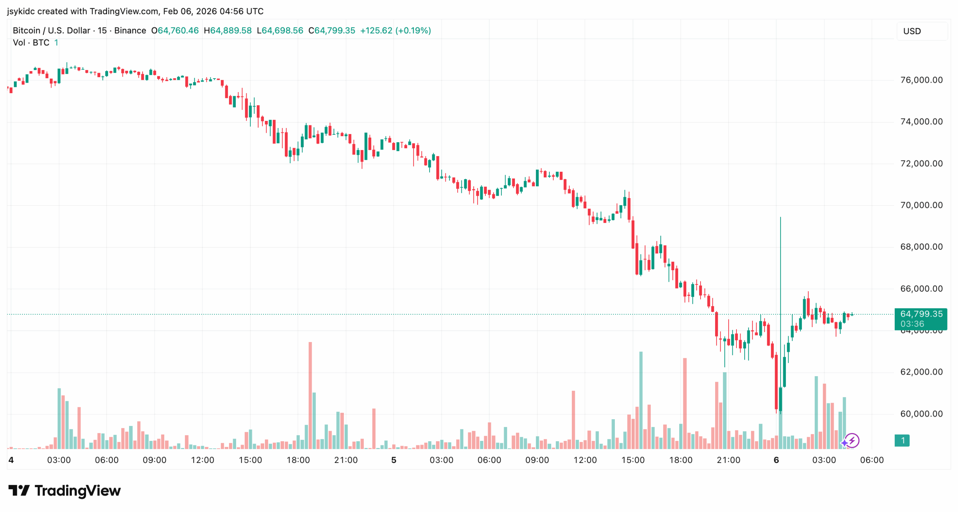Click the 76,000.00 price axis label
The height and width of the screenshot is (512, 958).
click(x=921, y=80)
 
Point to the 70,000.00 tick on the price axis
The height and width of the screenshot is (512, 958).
click(x=921, y=205)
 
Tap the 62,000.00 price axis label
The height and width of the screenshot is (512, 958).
click(x=921, y=372)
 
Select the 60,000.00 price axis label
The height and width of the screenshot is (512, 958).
click(x=921, y=414)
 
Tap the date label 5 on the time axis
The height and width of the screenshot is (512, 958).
click(x=394, y=460)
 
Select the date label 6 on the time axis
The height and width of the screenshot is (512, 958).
click(x=776, y=460)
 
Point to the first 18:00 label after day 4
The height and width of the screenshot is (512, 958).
click(x=298, y=460)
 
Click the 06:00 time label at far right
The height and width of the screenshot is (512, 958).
click(x=872, y=460)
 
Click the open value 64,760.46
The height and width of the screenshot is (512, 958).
click(x=178, y=31)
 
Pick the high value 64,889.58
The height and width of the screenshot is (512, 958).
click(x=231, y=31)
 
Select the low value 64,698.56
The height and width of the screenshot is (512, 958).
click(x=282, y=31)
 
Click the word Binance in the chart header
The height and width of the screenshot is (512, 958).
click(x=130, y=31)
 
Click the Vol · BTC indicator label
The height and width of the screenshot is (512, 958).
click(x=31, y=43)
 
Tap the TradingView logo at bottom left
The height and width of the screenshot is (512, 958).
click(x=64, y=491)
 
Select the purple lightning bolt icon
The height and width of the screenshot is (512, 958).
click(x=852, y=441)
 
